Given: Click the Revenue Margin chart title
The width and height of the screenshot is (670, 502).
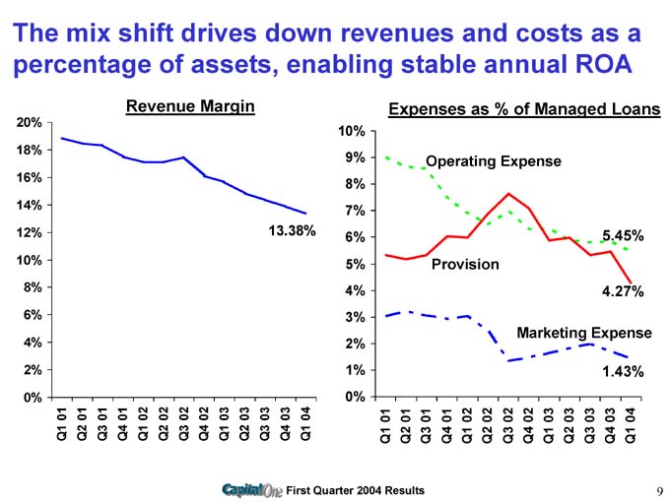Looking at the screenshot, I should pyautogui.click(x=190, y=105).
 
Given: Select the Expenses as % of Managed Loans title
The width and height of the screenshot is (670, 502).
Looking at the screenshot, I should pyautogui.click(x=524, y=110).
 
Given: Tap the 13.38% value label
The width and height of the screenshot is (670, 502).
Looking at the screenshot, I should pyautogui.click(x=291, y=231).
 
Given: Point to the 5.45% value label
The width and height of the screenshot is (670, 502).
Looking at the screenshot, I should pyautogui.click(x=622, y=236).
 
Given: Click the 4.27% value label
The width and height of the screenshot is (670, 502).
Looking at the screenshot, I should pyautogui.click(x=622, y=291).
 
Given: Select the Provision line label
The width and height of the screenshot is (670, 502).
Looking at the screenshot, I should pyautogui.click(x=465, y=265).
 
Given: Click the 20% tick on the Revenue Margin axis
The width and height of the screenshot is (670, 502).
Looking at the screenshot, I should pyautogui.click(x=28, y=122).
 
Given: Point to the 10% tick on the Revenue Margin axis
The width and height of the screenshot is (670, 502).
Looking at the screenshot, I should pyautogui.click(x=28, y=260).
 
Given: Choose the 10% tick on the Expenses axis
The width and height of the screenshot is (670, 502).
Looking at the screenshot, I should pyautogui.click(x=354, y=132).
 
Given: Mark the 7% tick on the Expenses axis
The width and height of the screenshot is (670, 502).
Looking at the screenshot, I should pyautogui.click(x=357, y=212).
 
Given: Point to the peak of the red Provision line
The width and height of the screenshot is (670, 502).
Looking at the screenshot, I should pyautogui.click(x=508, y=193).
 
